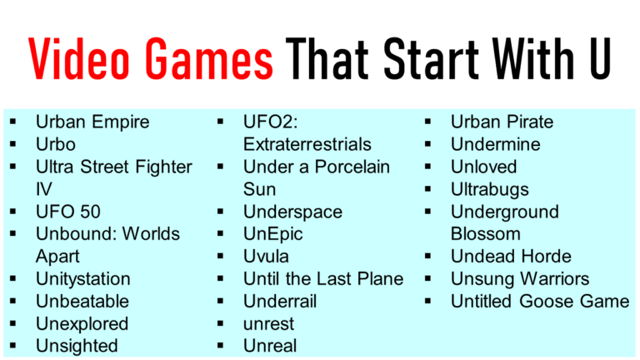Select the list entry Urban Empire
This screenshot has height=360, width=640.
point(92,122)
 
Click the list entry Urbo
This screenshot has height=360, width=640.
point(56,145)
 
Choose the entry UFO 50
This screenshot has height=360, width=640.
point(68,212)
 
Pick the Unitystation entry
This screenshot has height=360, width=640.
point(82,279)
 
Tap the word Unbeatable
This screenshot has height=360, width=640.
point(82,302)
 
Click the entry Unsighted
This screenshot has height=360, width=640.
point(77,346)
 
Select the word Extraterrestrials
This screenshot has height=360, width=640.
point(307,145)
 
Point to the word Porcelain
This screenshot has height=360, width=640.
point(348,167)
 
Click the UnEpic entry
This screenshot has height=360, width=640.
point(273,234)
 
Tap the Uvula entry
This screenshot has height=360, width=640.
point(266,257)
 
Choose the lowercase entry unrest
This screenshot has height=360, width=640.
point(268,323)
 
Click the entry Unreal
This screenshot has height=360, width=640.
point(270,346)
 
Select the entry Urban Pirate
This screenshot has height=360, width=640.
point(502,122)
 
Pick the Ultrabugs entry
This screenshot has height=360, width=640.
point(490,190)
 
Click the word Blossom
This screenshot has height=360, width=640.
point(486,234)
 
